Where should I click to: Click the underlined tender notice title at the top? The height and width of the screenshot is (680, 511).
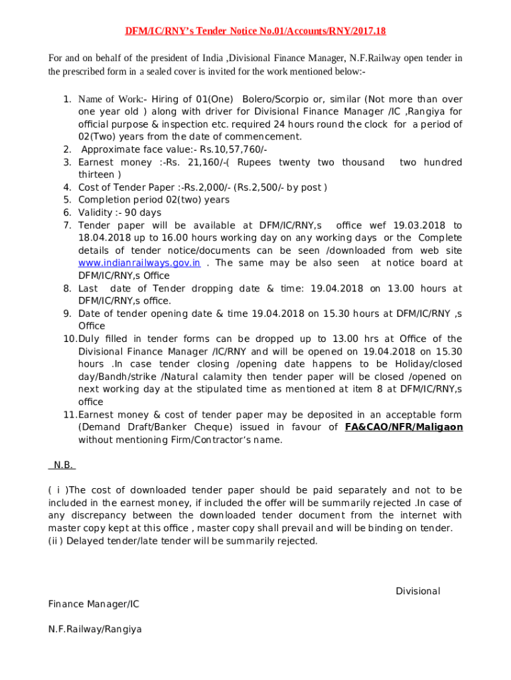tap(256, 31)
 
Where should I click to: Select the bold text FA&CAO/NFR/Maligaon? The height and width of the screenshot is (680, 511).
tap(403, 427)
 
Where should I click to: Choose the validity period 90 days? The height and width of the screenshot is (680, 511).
tap(140, 212)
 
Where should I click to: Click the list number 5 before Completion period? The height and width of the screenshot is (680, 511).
tap(67, 200)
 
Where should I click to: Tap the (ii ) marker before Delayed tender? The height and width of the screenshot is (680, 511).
tap(56, 541)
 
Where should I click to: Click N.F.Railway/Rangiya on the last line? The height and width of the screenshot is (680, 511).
tap(95, 629)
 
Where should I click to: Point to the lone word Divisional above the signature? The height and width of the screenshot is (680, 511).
tap(417, 591)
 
